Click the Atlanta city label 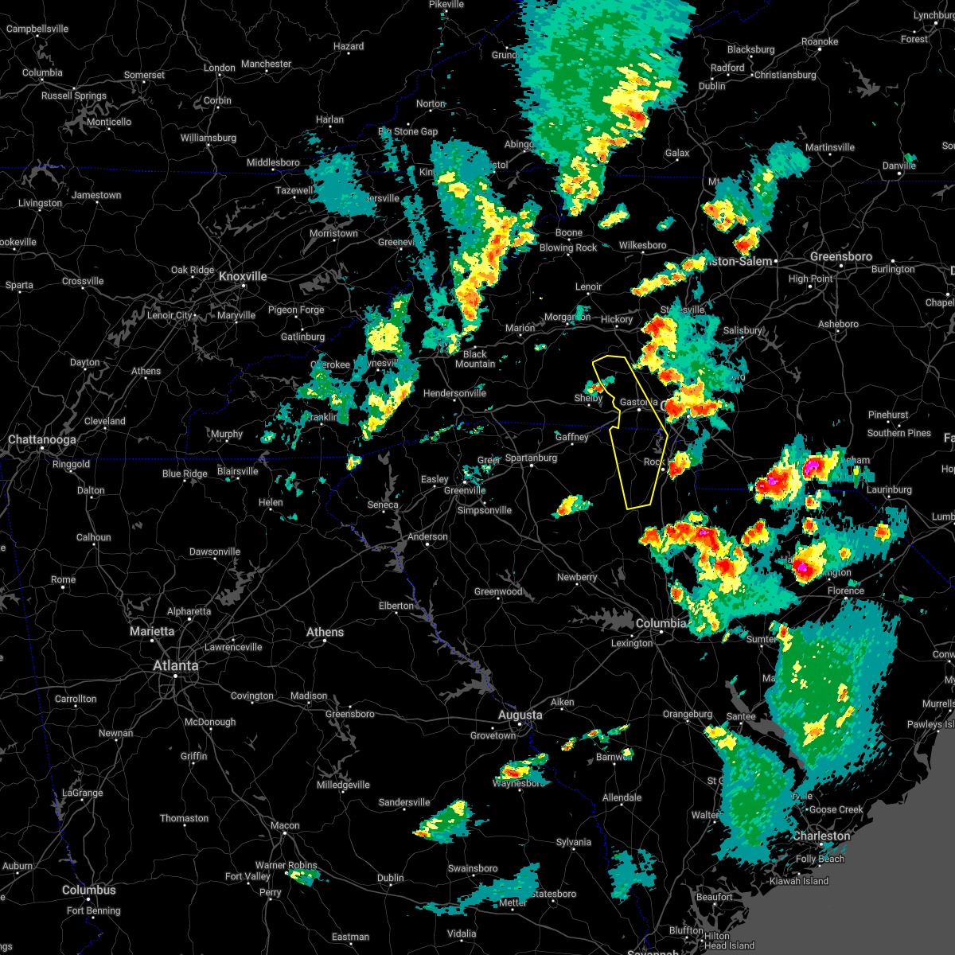pos(176,665)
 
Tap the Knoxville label pos(243,276)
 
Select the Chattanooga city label pos(42,439)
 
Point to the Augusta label pos(520,715)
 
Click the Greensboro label pos(841,256)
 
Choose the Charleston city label pos(821,836)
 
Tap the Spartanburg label pos(532,458)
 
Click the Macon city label pos(285,825)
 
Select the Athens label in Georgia pos(325,632)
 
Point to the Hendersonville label pos(454,393)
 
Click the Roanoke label pos(820,41)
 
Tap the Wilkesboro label pos(642,245)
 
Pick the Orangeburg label pos(688,715)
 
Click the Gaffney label pos(572,437)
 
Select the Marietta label pos(152,631)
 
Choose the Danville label pos(899,166)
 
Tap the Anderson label pos(428,536)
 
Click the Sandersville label pos(404,802)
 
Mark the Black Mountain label pos(475,359)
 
